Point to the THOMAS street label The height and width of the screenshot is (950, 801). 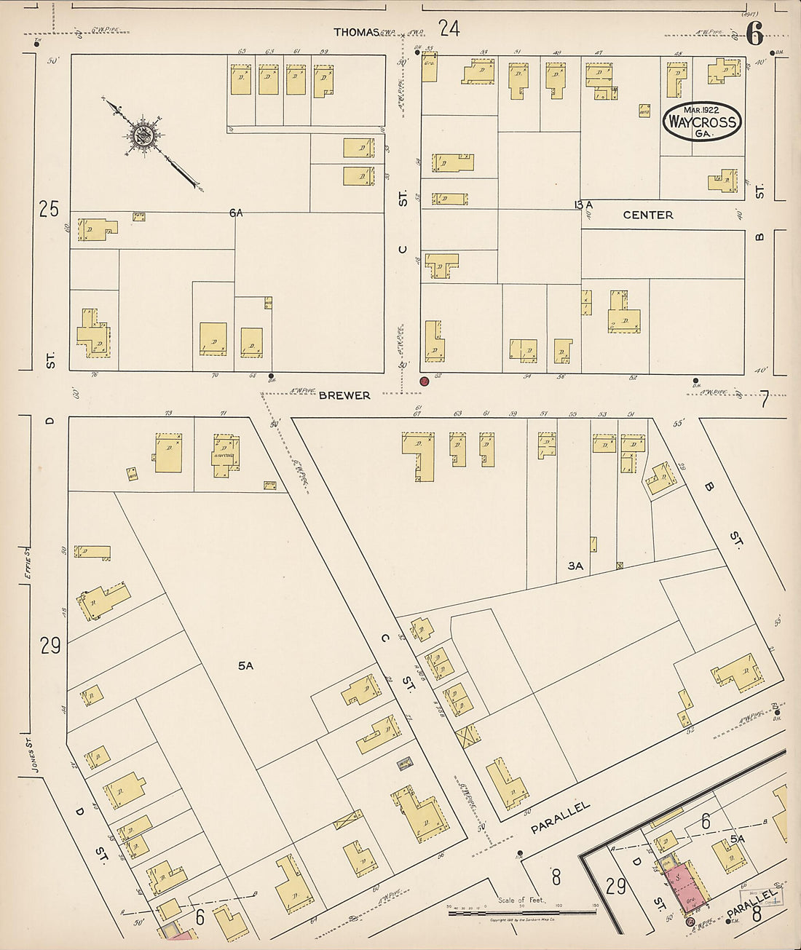point(357,32)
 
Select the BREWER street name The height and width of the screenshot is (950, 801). point(344,395)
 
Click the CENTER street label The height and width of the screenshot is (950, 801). point(648,215)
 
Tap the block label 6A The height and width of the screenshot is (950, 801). point(235,213)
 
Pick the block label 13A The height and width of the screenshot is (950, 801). point(583,205)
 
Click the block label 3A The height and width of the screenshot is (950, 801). point(576,565)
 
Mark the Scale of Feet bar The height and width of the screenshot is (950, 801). point(521,911)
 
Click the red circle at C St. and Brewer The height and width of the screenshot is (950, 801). point(425,381)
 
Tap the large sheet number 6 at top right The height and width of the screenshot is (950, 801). point(754,33)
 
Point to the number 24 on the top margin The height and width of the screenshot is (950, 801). point(449,29)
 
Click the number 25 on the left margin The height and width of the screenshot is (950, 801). point(49,210)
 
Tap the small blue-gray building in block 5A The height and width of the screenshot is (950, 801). point(404,763)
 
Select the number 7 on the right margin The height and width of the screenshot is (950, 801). point(764,399)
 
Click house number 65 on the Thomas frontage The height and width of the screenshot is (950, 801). point(242,51)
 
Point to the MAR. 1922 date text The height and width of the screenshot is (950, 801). point(701,110)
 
